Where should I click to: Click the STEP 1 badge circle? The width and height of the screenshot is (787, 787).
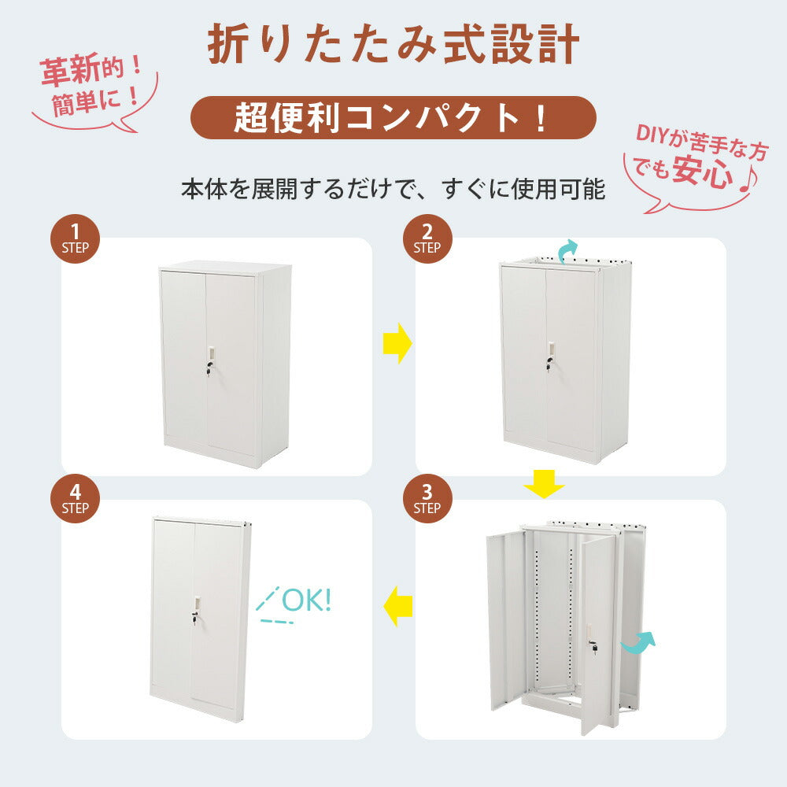tap(76, 238)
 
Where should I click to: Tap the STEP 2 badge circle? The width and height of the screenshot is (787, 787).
tap(427, 238)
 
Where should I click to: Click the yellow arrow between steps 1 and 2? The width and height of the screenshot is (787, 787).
tap(397, 342)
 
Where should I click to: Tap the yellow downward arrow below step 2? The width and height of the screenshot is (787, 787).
tap(544, 485)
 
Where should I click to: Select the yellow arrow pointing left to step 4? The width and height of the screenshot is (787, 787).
tap(399, 605)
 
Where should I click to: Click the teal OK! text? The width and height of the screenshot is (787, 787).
tap(305, 600)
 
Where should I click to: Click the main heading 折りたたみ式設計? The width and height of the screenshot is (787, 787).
tap(393, 46)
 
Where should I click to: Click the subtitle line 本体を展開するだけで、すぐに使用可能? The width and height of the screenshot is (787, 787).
tap(393, 190)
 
